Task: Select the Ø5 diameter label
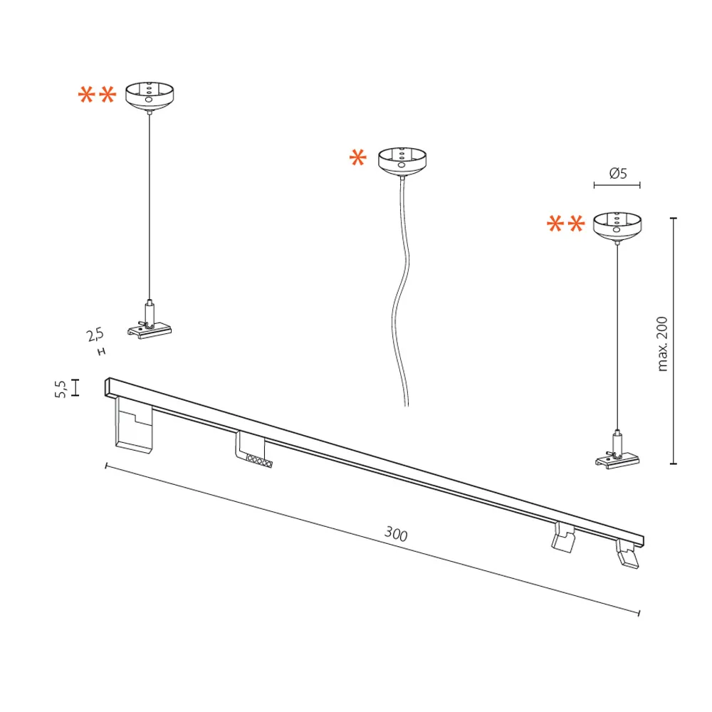[x=617, y=173]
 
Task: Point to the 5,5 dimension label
[x=61, y=389]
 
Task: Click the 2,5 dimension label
[x=95, y=333]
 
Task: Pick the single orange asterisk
[x=358, y=159]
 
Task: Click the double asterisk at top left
[x=97, y=96]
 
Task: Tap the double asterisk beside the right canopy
[x=566, y=225]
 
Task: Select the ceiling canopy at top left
[x=150, y=95]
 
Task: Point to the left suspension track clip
[x=150, y=324]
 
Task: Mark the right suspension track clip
[x=618, y=456]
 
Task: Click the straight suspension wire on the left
[x=150, y=206]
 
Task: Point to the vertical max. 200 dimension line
[x=675, y=340]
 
